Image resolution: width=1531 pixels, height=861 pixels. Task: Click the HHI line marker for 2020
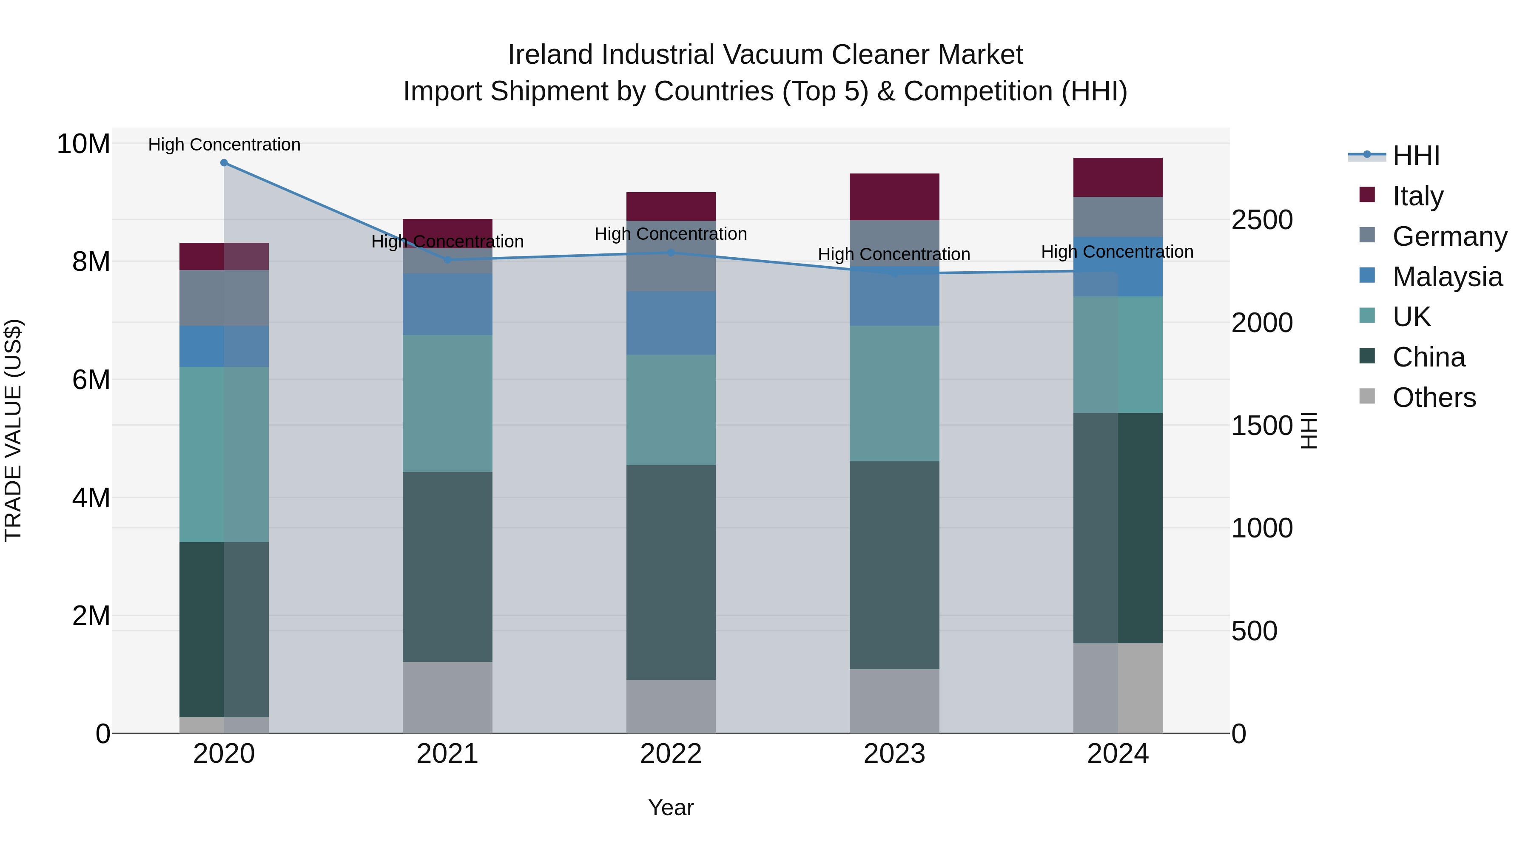coord(224,163)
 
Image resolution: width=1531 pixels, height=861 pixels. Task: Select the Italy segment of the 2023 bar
coord(894,197)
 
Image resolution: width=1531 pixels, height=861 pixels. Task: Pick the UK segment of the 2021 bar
coord(447,404)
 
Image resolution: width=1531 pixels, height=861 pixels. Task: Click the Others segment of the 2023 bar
coord(894,701)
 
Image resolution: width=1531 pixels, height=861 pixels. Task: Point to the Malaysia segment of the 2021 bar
coord(447,304)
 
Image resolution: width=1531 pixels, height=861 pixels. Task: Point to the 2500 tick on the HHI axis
coord(1262,220)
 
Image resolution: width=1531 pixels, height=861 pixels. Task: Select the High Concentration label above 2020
coord(224,145)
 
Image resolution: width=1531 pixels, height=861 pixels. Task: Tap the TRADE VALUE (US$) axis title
coord(13,430)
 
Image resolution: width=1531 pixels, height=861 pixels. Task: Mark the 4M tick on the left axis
coord(90,498)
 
